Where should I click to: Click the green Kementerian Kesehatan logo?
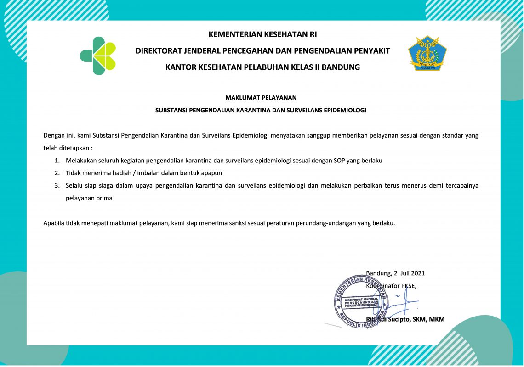pyautogui.click(x=98, y=56)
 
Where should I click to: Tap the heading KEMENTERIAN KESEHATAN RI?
pyautogui.click(x=262, y=34)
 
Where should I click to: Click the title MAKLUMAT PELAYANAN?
pyautogui.click(x=261, y=98)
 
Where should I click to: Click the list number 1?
pyautogui.click(x=57, y=161)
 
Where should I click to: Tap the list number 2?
pyautogui.click(x=57, y=173)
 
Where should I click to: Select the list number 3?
pyautogui.click(x=57, y=186)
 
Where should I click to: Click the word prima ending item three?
pyautogui.click(x=104, y=198)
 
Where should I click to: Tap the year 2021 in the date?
pyautogui.click(x=418, y=273)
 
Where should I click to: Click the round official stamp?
pyautogui.click(x=360, y=301)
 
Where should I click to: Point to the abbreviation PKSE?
pyautogui.click(x=408, y=286)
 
